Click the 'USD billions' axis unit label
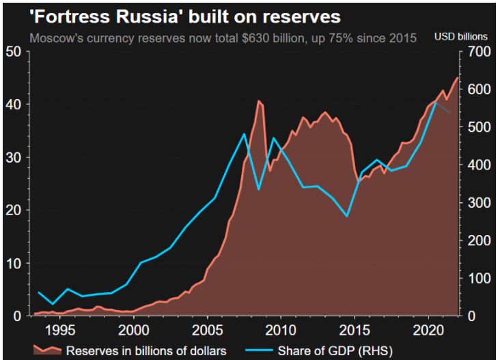(x=461, y=36)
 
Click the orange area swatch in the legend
(x=48, y=350)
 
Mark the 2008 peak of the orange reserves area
(x=258, y=101)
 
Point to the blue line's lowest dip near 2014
(x=347, y=216)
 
